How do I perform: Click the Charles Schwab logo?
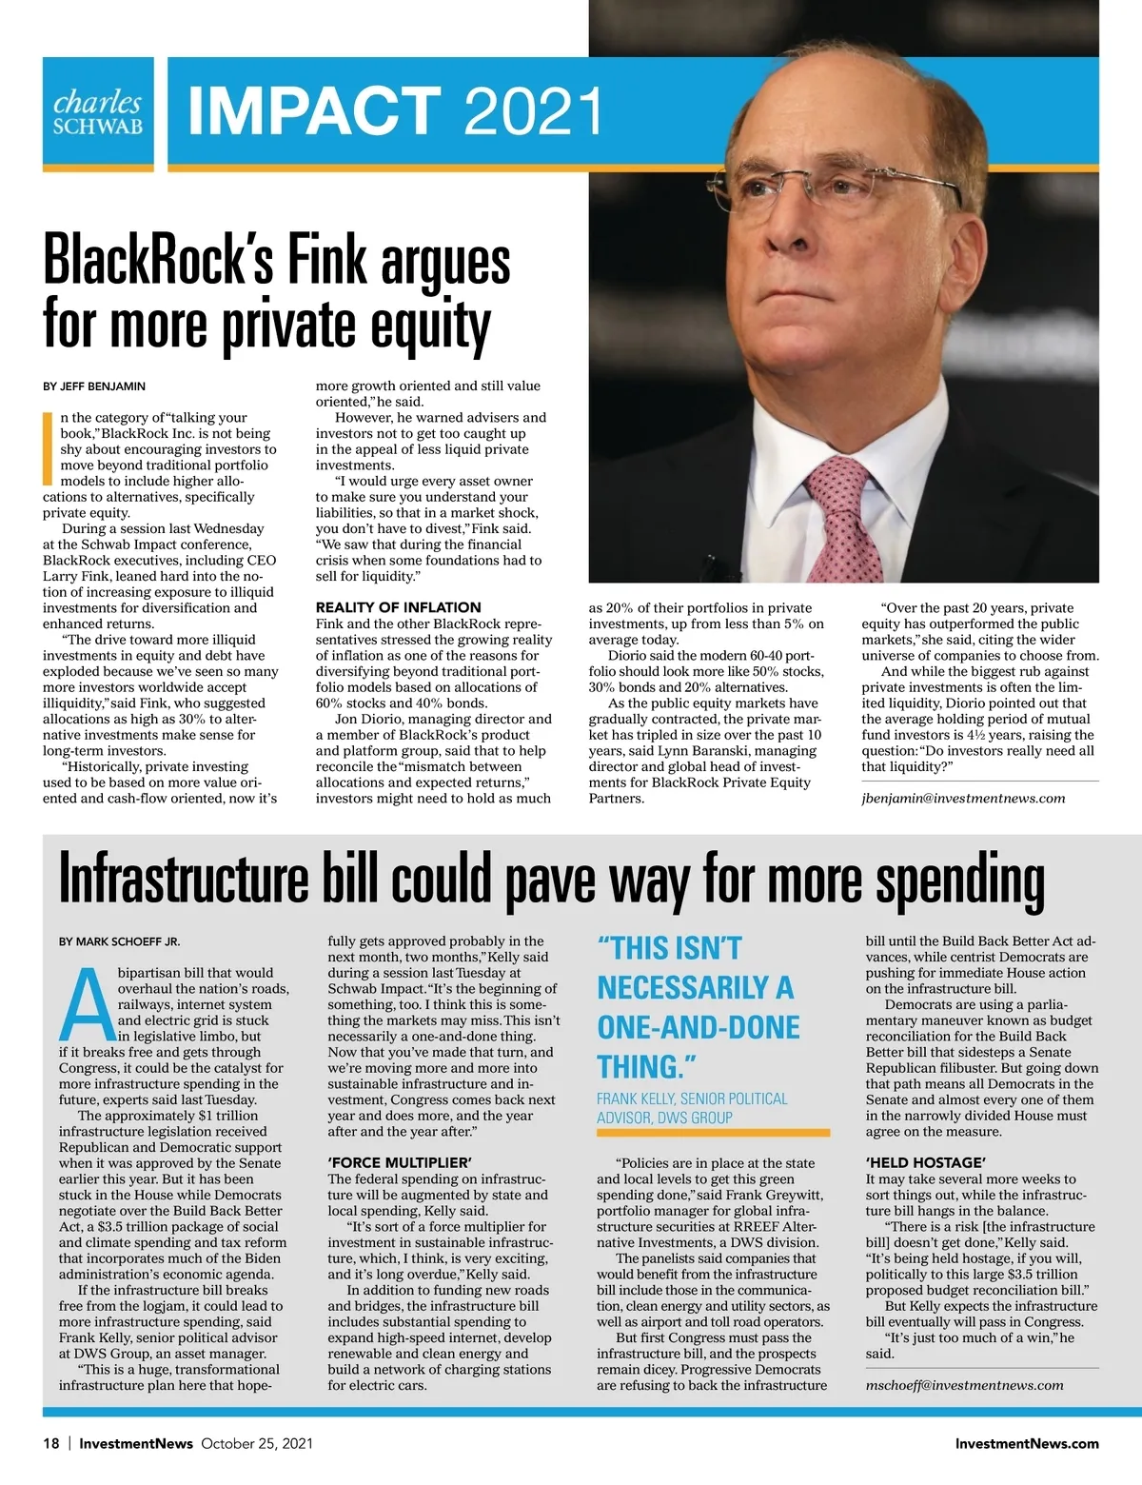point(98,113)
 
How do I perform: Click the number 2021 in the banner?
point(534,111)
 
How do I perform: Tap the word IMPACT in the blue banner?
point(315,111)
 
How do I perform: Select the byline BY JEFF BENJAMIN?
point(94,386)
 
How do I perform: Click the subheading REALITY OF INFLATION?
point(398,607)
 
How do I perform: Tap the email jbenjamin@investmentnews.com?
point(963,798)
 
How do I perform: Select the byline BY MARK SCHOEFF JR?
point(119,941)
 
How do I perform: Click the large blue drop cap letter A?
point(86,1005)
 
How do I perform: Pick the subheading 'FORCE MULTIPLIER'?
point(399,1162)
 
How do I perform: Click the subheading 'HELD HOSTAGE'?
point(925,1162)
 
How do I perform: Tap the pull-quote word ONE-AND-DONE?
point(699,1027)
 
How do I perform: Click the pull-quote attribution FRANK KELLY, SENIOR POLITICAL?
point(692,1099)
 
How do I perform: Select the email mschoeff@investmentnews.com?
point(964,1385)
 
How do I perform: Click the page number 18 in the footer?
point(51,1443)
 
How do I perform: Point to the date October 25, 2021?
point(257,1443)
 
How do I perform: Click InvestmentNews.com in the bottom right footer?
point(1027,1443)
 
